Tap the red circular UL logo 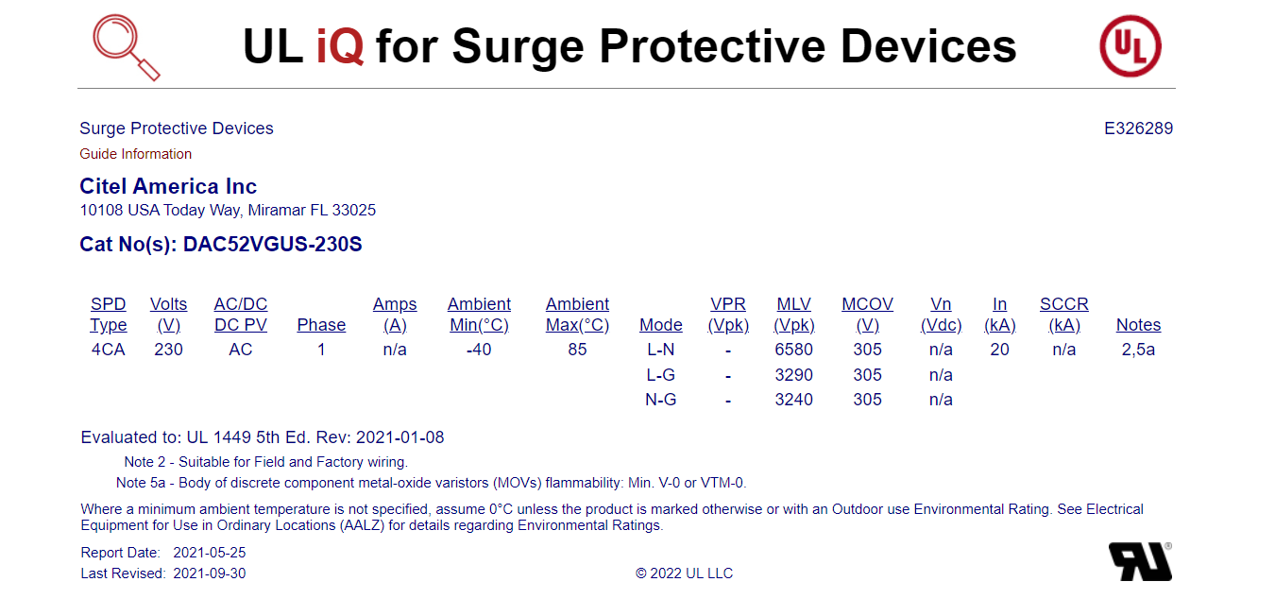pos(1130,46)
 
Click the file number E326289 pos(1138,128)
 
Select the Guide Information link pos(135,154)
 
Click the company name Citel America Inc pos(168,186)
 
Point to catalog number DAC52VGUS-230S pos(272,245)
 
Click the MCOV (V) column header pos(867,315)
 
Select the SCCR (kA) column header pos(1063,315)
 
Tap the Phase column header pos(321,324)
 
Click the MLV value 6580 pos(793,349)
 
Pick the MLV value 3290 pos(793,375)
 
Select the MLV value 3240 pos(793,400)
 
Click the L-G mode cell pos(660,375)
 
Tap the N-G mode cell pos(660,400)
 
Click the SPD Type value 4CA pos(109,349)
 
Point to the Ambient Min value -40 pos(479,349)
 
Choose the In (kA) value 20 pos(999,349)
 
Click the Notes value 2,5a pos(1138,350)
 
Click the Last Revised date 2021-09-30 pos(210,573)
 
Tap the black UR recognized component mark pos(1140,561)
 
